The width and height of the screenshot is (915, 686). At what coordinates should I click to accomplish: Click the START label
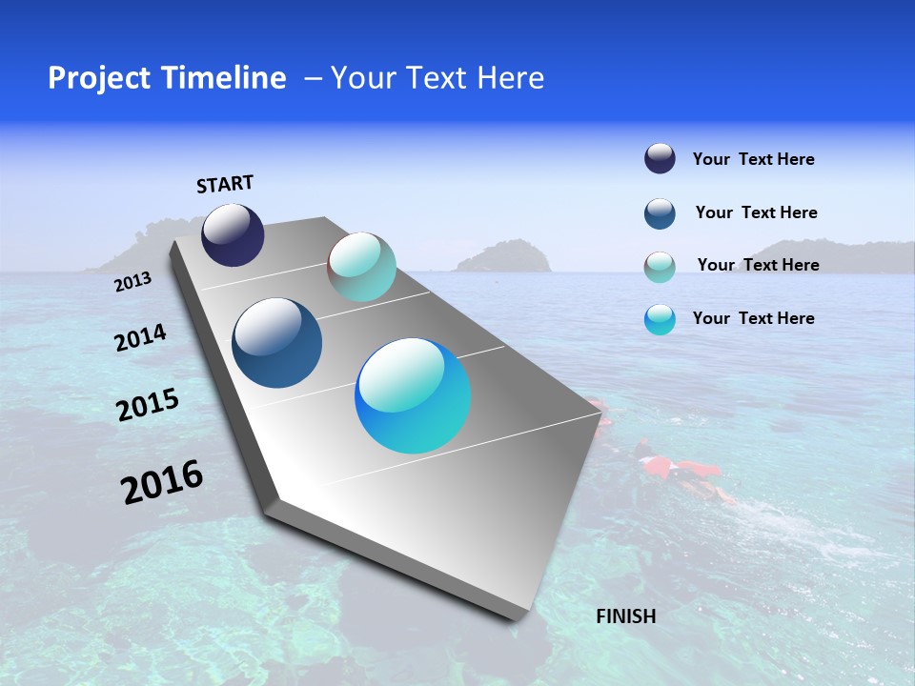pos(225,184)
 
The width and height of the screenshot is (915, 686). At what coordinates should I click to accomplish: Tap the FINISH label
pos(625,616)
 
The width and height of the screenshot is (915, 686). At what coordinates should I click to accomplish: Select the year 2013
pos(132,282)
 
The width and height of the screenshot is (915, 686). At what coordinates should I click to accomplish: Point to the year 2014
pos(140,338)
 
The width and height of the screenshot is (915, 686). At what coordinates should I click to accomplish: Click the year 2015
pos(147,406)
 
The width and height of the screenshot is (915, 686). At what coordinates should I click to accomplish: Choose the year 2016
pos(162,482)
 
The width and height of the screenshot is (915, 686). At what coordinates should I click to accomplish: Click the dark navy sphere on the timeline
pos(233,235)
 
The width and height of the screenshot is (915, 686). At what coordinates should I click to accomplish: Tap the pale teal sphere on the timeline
pos(362,267)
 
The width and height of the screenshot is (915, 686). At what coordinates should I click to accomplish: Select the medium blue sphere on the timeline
pos(276,343)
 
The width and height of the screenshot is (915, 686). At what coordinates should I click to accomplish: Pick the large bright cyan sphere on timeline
pos(413,395)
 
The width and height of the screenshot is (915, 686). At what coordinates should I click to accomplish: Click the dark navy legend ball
pos(660,158)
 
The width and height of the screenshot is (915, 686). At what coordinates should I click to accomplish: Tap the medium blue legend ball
pos(660,213)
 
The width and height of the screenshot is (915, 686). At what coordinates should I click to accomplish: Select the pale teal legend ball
pos(660,267)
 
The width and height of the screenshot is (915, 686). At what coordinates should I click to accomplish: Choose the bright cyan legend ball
pos(660,319)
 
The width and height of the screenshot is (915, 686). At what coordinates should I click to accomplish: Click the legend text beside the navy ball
pos(753,160)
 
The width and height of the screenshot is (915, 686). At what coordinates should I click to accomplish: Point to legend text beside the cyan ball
pos(753,318)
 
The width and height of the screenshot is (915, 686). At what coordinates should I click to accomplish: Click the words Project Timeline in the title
pos(167,78)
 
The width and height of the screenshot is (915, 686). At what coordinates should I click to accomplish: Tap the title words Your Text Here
pos(437,78)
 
